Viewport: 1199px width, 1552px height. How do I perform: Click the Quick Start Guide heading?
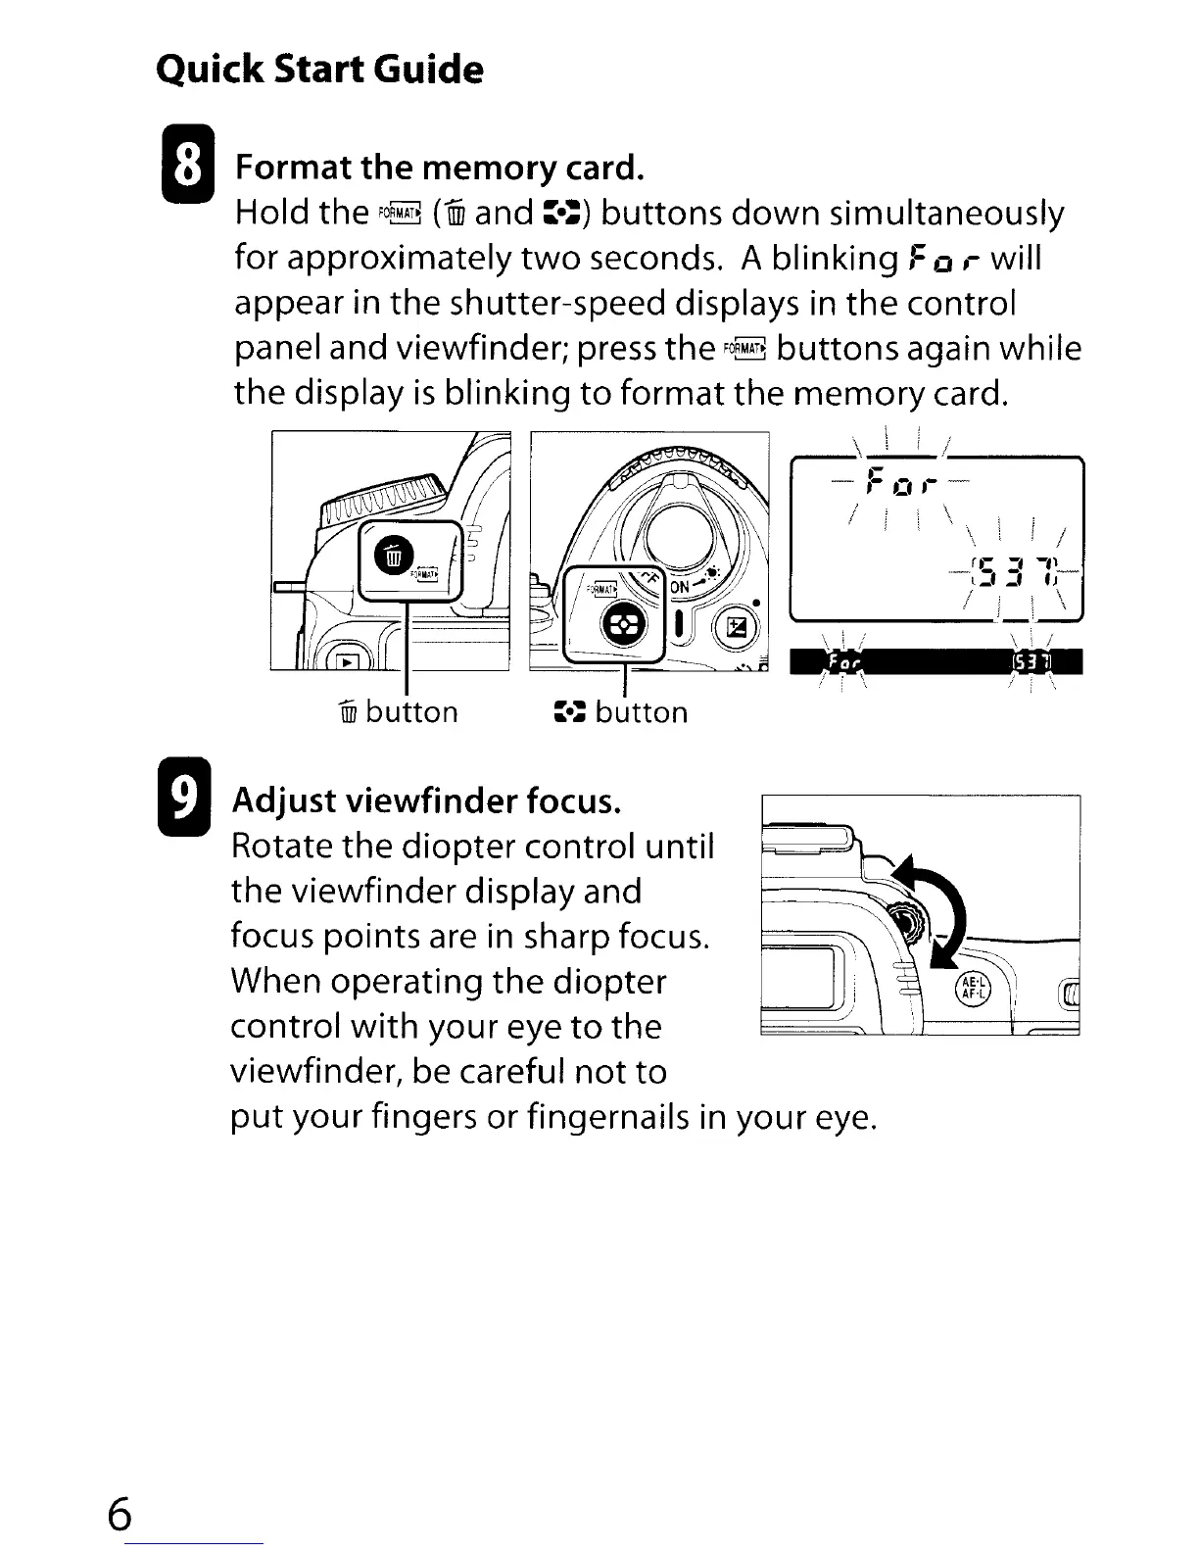click(319, 70)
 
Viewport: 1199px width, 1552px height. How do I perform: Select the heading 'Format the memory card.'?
click(439, 168)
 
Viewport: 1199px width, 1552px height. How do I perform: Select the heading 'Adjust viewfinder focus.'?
click(426, 801)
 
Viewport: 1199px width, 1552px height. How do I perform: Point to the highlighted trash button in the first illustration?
click(392, 556)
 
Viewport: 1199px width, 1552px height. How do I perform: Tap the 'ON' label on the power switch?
click(681, 586)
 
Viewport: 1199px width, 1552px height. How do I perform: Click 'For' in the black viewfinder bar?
click(843, 664)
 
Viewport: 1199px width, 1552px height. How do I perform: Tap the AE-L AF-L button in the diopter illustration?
click(976, 991)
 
